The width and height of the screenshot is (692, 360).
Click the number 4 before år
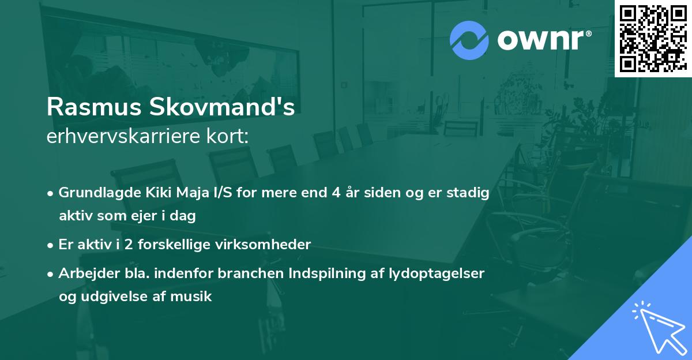point(335,193)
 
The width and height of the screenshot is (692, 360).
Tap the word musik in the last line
point(196,297)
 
